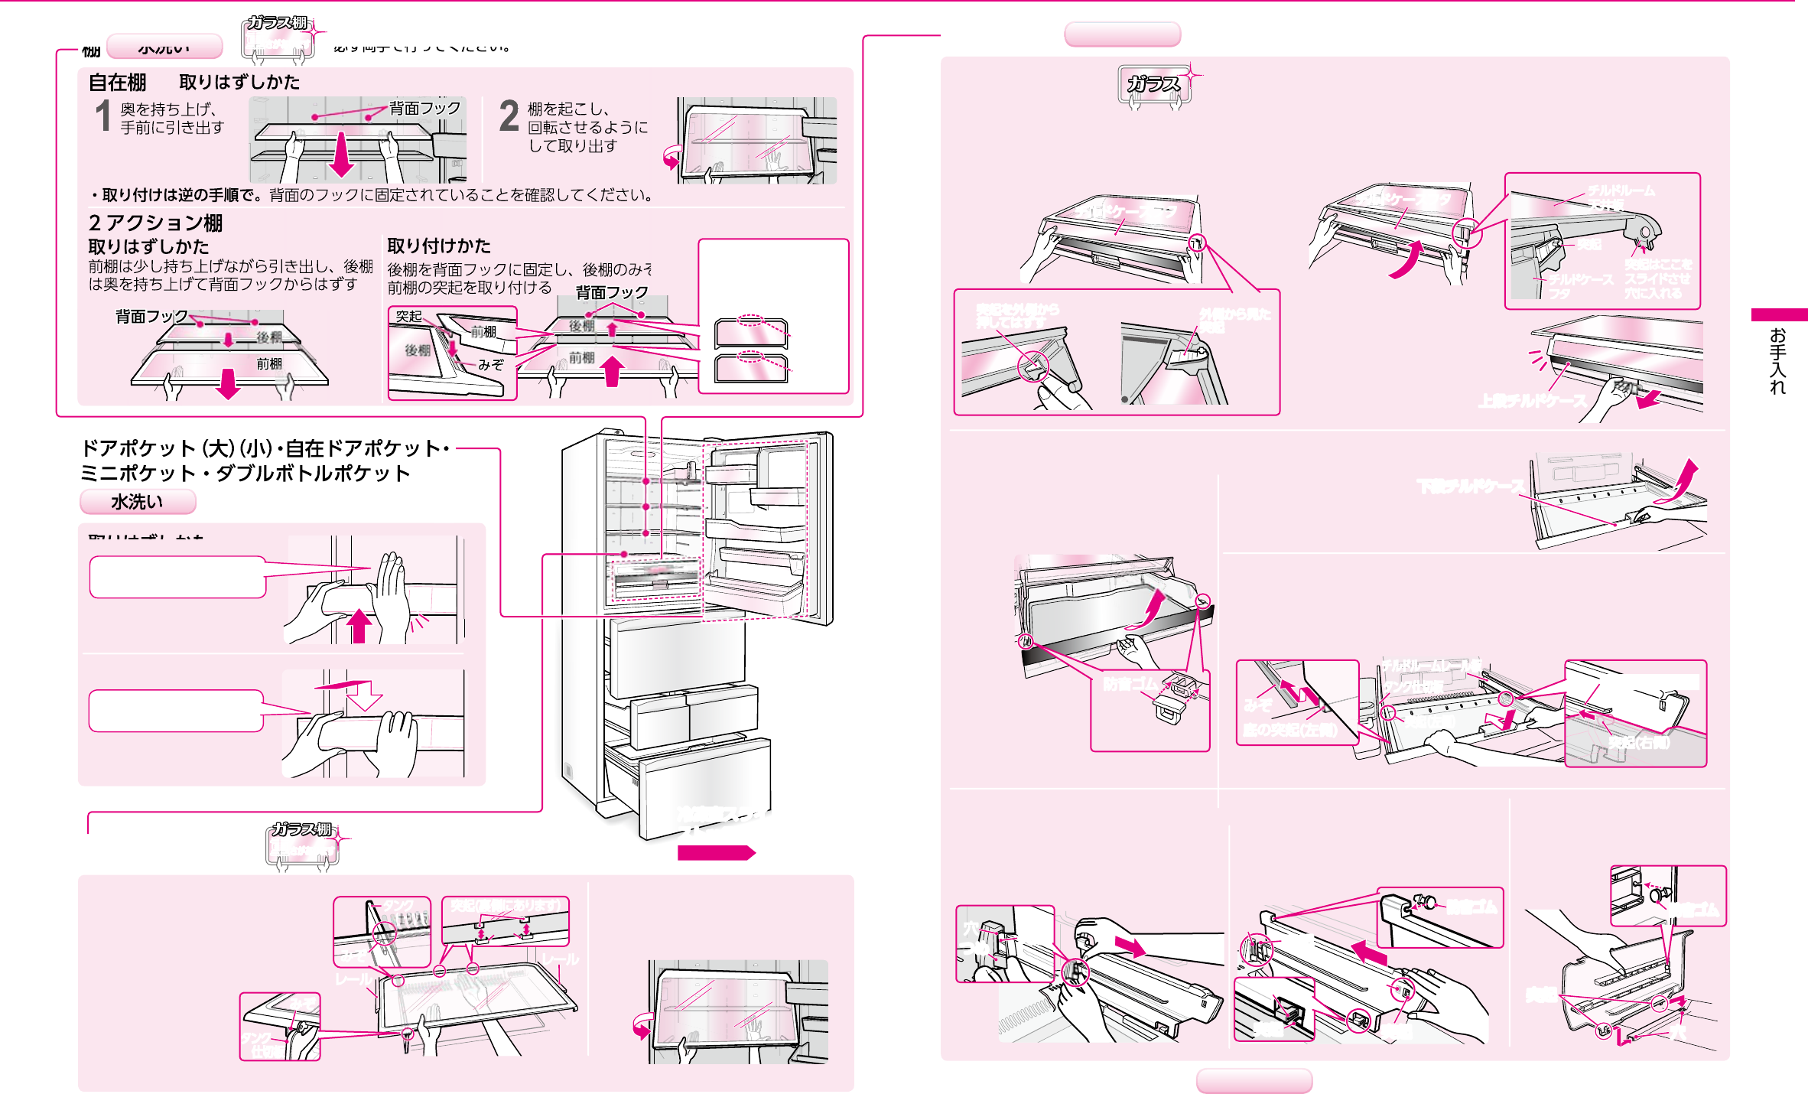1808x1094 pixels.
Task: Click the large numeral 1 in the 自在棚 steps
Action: (x=103, y=116)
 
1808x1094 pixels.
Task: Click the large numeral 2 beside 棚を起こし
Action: (x=509, y=116)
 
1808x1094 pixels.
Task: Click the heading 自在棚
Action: (x=117, y=82)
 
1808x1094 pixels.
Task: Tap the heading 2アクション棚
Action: (x=156, y=223)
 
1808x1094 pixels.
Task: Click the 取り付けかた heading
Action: (x=439, y=246)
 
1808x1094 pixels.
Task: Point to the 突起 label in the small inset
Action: (x=408, y=316)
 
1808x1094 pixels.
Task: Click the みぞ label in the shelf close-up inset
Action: (x=490, y=365)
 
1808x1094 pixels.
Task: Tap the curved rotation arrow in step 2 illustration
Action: (x=671, y=157)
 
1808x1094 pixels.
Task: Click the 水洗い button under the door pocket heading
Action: (x=138, y=502)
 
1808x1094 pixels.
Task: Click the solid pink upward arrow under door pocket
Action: (x=359, y=625)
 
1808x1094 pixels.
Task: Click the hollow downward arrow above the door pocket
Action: (x=364, y=695)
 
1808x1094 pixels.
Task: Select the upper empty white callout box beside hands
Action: (x=177, y=577)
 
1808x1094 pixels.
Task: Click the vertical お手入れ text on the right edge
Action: (x=1777, y=360)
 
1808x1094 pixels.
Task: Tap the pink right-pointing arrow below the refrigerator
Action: (x=716, y=852)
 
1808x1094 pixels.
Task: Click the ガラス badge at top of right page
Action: (x=1153, y=84)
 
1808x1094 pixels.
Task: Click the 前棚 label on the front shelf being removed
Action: (x=269, y=364)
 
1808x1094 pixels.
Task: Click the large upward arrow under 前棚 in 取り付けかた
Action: (x=611, y=372)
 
